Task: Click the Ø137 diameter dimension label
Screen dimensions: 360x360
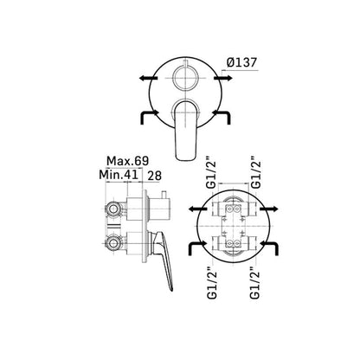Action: tap(241, 62)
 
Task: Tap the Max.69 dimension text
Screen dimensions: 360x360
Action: tap(127, 161)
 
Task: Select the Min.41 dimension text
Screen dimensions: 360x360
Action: tap(119, 175)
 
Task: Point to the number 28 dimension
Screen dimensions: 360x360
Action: tap(154, 176)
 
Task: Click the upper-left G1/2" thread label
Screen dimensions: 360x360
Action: tap(212, 173)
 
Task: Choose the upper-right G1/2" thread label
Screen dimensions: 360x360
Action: tap(255, 173)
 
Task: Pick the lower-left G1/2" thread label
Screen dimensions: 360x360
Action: tap(212, 282)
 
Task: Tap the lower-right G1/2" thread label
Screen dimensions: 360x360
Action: tap(255, 282)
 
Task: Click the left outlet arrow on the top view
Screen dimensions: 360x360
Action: tap(148, 78)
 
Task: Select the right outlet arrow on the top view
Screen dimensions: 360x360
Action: tap(222, 78)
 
